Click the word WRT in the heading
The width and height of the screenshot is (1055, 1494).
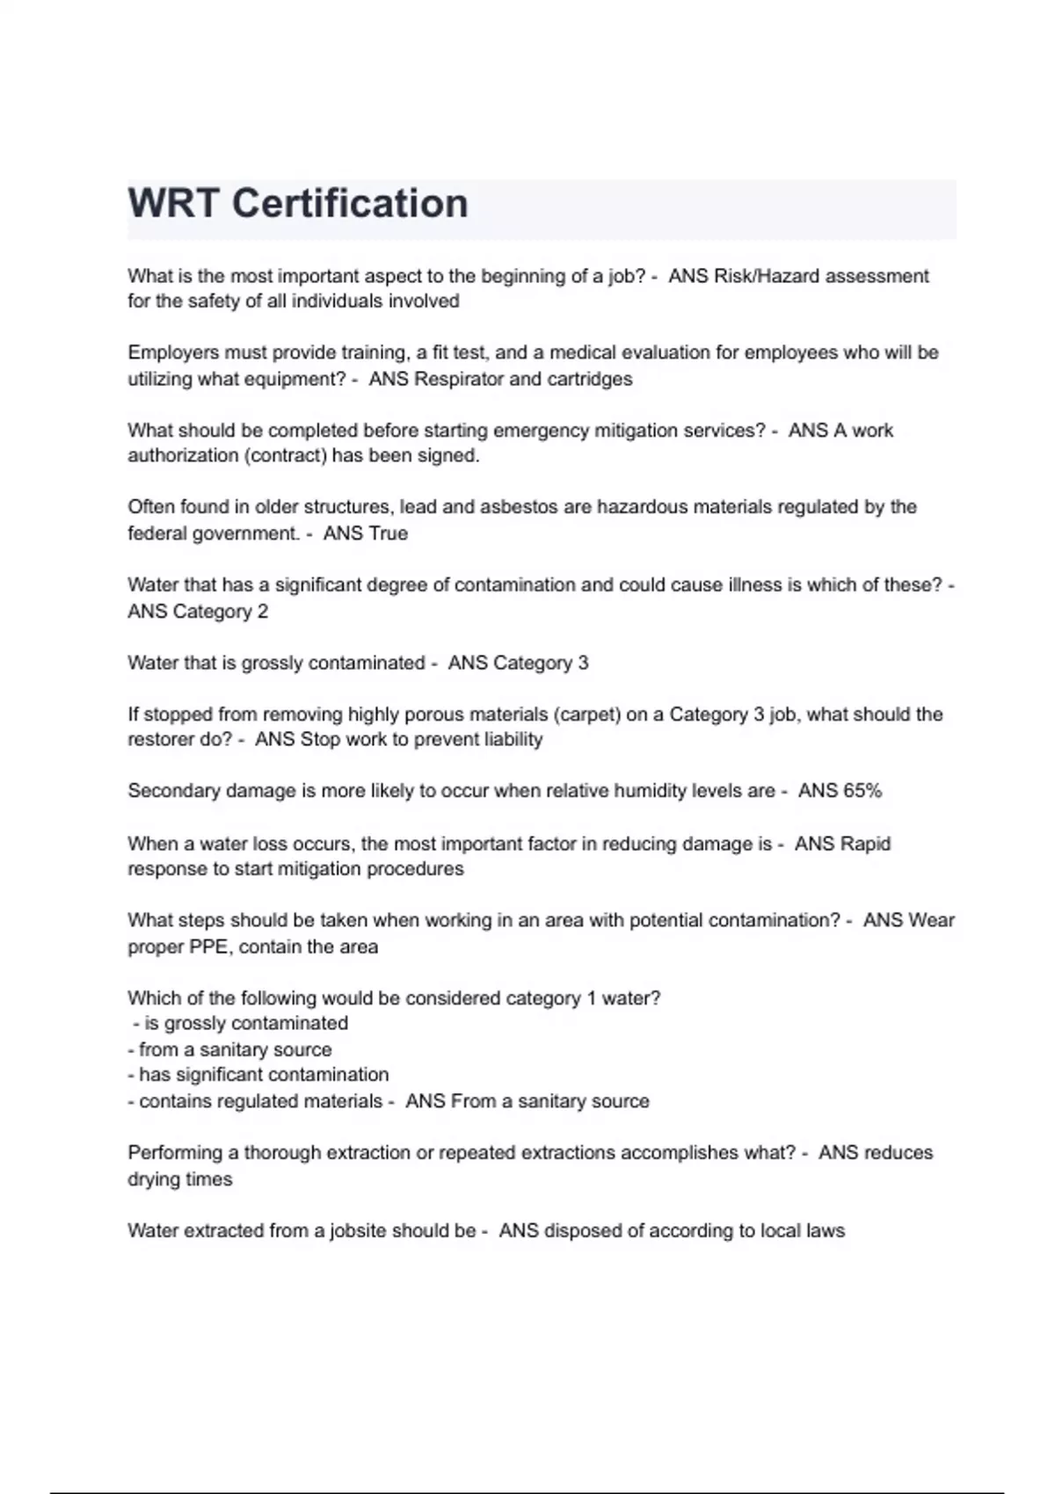coord(172,204)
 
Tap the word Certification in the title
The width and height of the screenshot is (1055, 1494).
coord(350,204)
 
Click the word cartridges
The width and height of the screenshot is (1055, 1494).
coord(589,379)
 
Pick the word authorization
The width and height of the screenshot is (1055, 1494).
coord(181,455)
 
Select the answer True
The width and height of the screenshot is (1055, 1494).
coord(388,533)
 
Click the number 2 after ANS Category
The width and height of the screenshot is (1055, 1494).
coord(262,612)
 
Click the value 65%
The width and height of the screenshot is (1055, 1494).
coord(862,791)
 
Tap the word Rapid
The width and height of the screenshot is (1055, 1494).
coord(867,844)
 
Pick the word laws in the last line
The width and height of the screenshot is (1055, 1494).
coord(826,1230)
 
